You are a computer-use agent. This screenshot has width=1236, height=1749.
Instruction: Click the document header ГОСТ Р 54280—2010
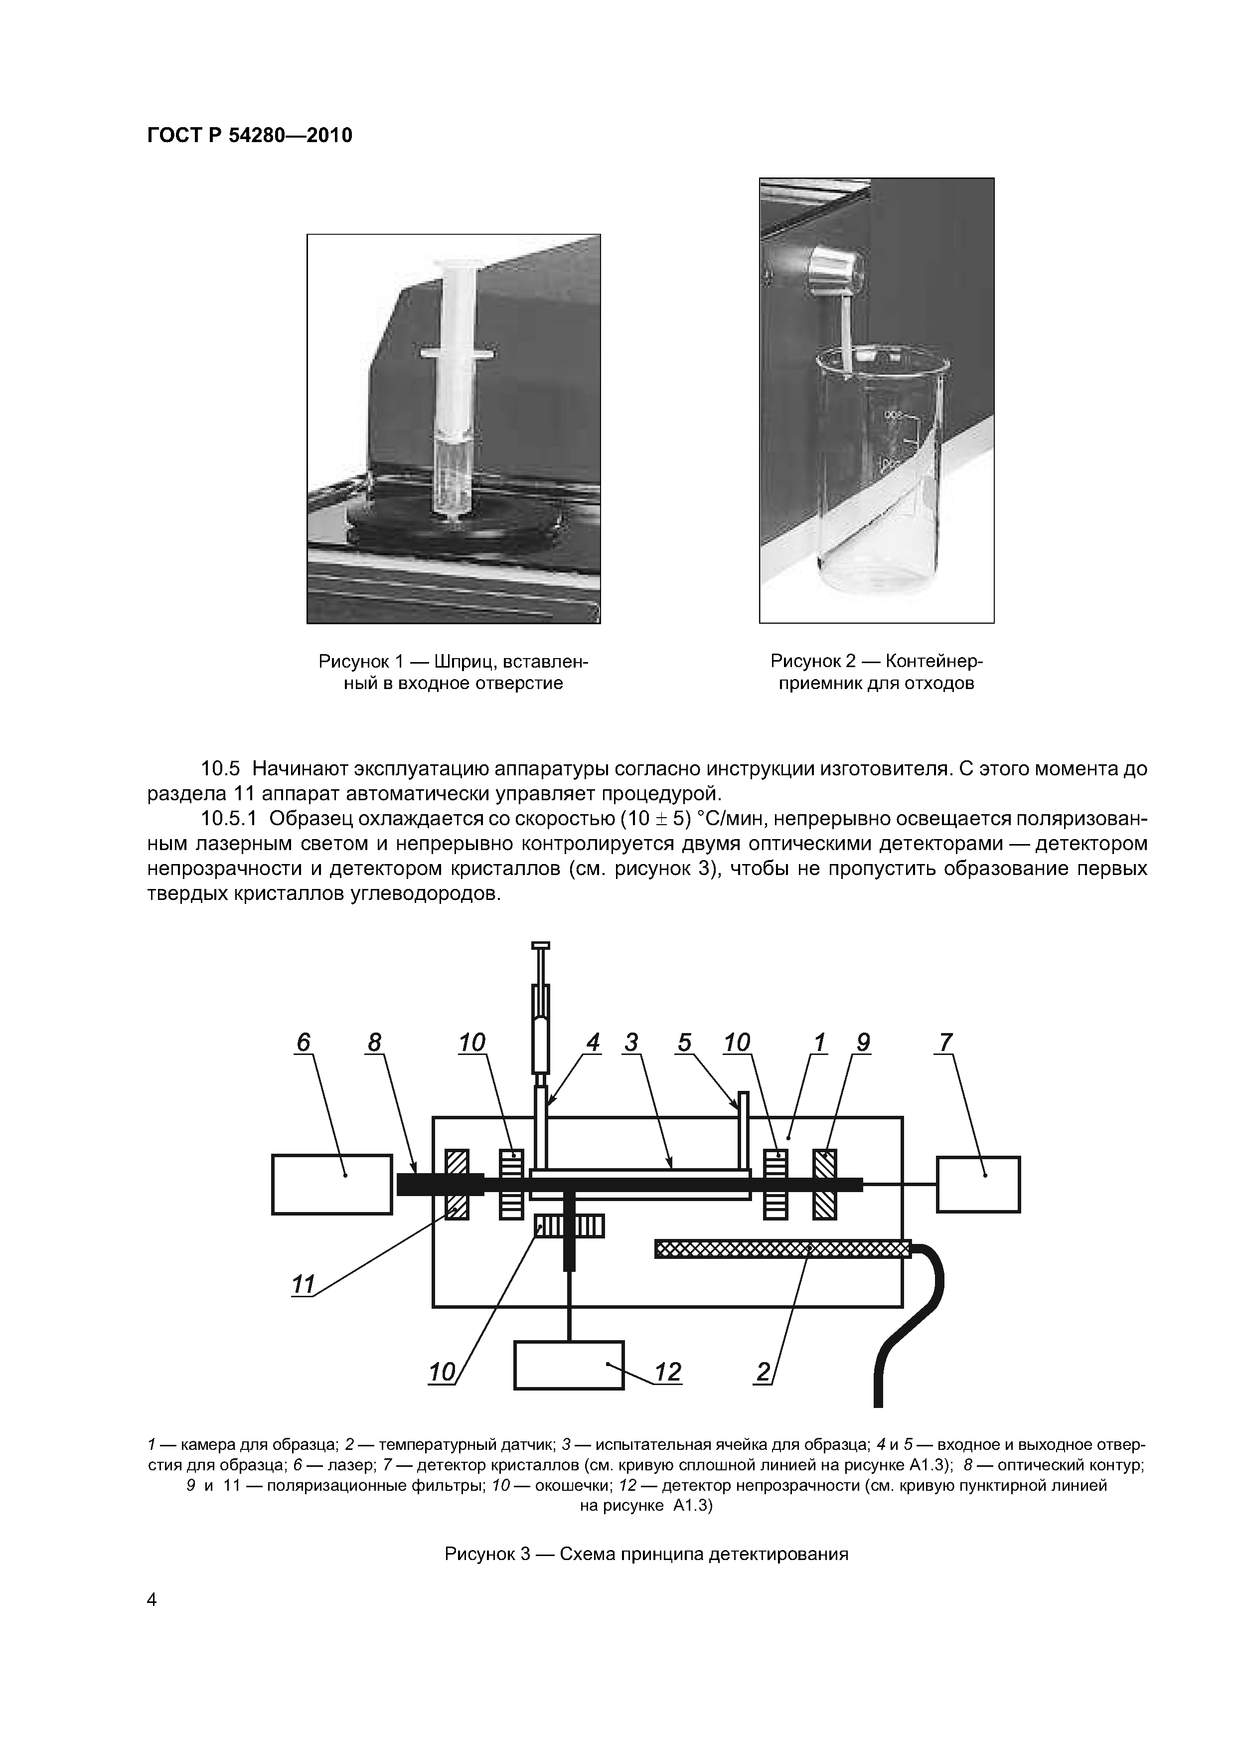coord(249,136)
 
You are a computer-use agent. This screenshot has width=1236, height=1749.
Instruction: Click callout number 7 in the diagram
coord(945,1043)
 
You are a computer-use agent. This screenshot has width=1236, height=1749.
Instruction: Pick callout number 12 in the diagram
coord(668,1373)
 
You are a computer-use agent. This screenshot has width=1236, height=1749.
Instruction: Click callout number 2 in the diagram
coord(763,1373)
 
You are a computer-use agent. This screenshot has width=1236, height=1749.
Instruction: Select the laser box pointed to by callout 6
coord(332,1185)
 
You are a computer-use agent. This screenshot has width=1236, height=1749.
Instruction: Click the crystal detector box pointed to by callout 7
coord(978,1185)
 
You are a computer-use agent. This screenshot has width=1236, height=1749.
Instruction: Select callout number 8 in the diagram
coord(374,1043)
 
